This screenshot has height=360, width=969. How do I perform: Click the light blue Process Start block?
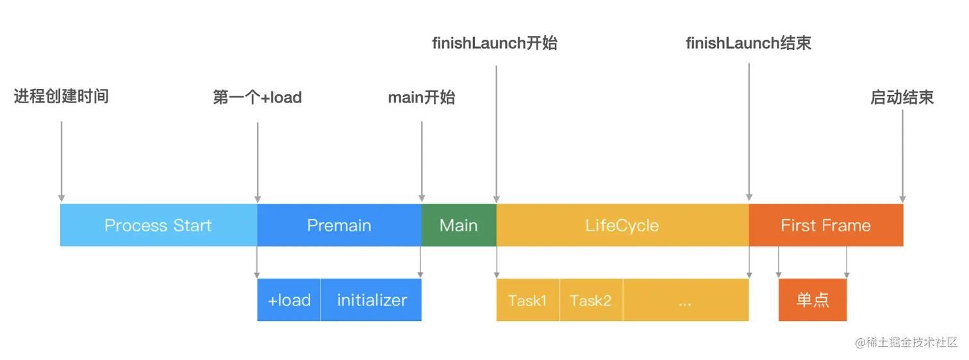point(159,225)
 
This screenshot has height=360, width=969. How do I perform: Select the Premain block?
point(340,225)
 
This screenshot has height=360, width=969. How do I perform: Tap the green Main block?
point(459,225)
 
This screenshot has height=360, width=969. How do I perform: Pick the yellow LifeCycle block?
point(622,225)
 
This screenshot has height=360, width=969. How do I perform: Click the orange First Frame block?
point(826,225)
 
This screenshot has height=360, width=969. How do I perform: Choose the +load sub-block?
point(289,300)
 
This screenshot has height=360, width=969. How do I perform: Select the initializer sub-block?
point(371,300)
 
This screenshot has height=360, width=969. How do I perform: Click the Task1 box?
point(528,300)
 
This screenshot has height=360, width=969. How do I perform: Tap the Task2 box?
point(592,300)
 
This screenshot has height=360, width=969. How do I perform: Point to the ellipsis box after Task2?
point(686,300)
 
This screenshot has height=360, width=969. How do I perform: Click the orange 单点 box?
point(813,300)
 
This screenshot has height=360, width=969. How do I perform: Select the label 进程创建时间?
point(62,96)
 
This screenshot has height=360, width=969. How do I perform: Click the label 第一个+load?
point(258,97)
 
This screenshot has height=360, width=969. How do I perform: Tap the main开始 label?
point(422,97)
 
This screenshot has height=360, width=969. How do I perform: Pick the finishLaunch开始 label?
point(495,43)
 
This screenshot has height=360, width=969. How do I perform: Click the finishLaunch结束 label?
point(749,43)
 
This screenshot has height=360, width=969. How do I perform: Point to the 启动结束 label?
point(902,97)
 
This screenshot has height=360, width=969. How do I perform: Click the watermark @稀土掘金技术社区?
point(906,342)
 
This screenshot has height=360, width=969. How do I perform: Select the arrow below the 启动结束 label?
point(902,156)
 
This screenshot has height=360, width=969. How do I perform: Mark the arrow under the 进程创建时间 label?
point(62,161)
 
